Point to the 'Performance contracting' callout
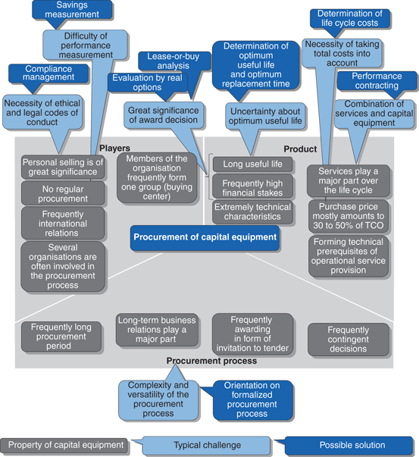(x=377, y=82)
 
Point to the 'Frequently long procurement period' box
(x=62, y=336)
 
